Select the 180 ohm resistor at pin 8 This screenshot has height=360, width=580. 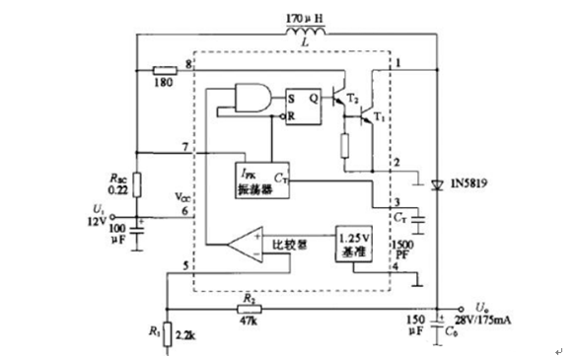coord(166,70)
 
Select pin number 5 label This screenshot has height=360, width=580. coord(185,265)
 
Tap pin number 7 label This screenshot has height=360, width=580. coord(185,147)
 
